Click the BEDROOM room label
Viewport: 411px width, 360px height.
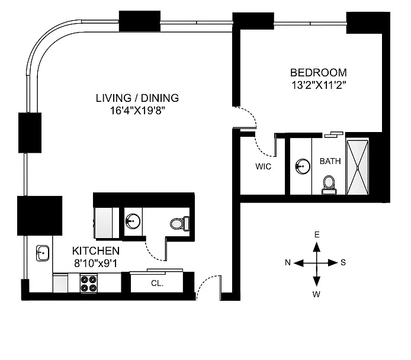pyautogui.click(x=317, y=73)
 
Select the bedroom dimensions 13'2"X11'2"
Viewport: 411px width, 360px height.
pyautogui.click(x=317, y=85)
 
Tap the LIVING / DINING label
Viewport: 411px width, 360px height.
pyautogui.click(x=137, y=98)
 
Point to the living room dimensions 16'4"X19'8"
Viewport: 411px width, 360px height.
pyautogui.click(x=137, y=110)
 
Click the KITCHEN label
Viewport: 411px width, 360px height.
pyautogui.click(x=96, y=251)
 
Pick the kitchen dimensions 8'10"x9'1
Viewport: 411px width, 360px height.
pyautogui.click(x=96, y=262)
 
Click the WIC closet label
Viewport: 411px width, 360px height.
pyautogui.click(x=263, y=166)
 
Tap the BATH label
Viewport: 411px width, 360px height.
pyautogui.click(x=330, y=160)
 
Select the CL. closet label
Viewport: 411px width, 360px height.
pyautogui.click(x=157, y=284)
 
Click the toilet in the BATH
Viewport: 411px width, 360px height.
pyautogui.click(x=329, y=184)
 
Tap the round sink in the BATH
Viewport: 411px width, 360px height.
pyautogui.click(x=303, y=166)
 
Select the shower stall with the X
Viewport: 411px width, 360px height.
pyautogui.click(x=358, y=166)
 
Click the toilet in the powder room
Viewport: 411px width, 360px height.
pyautogui.click(x=179, y=224)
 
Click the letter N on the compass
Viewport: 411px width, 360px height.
pyautogui.click(x=287, y=263)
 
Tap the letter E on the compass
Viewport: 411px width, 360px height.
pyautogui.click(x=317, y=235)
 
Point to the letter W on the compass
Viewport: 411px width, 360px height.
pyautogui.click(x=317, y=294)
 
